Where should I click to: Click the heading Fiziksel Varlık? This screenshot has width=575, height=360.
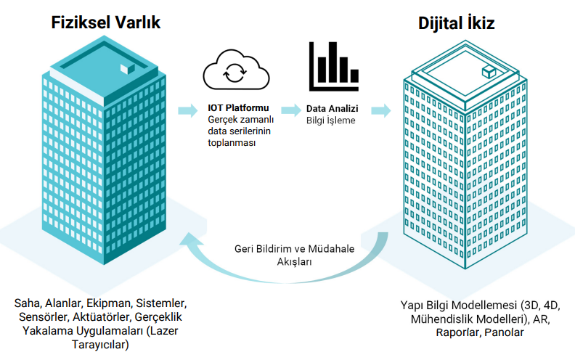[105, 22]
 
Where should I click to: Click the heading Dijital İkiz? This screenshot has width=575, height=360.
[457, 23]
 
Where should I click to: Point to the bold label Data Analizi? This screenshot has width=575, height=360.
[330, 107]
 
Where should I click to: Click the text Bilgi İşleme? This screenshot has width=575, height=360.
[330, 120]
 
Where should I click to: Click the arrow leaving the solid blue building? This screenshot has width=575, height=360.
[187, 110]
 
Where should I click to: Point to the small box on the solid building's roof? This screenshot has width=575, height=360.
[128, 67]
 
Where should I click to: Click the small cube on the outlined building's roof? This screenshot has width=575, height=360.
[489, 71]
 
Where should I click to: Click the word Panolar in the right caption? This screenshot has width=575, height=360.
[503, 332]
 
